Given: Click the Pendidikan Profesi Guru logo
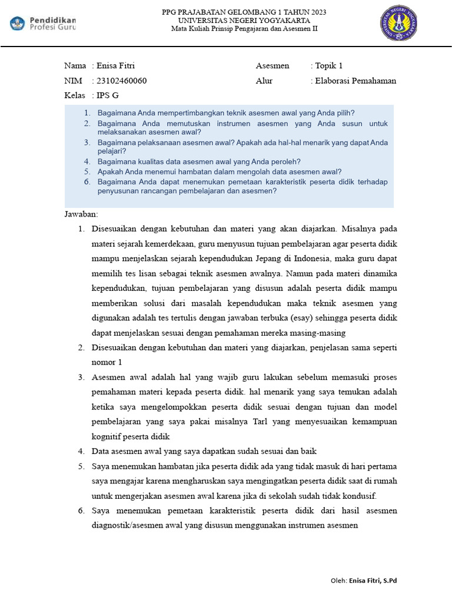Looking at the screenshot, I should (x=43, y=24).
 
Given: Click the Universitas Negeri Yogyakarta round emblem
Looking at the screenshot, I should (x=400, y=23).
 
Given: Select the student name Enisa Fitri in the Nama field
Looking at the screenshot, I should (x=119, y=65).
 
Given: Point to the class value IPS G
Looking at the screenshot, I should (x=108, y=95).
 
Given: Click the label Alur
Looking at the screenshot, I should (x=264, y=81).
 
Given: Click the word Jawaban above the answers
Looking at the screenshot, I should (x=81, y=214).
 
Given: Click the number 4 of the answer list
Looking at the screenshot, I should (x=81, y=451).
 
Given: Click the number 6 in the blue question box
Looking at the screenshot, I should (x=86, y=182).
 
